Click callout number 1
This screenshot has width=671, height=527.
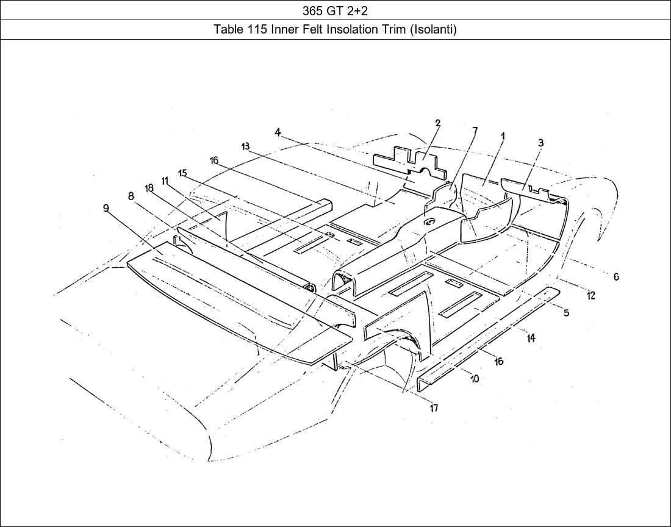(x=503, y=137)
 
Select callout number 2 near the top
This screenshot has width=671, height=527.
(x=438, y=123)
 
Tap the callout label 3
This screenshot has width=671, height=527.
(x=540, y=143)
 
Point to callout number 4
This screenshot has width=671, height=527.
(x=278, y=132)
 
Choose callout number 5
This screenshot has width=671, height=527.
(x=566, y=313)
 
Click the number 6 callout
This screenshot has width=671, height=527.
(x=616, y=277)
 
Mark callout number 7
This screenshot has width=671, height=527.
(x=475, y=131)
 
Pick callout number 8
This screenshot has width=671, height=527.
(x=131, y=196)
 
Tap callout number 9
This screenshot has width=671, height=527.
(x=106, y=209)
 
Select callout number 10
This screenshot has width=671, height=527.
(x=475, y=379)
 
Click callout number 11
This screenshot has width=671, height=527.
(x=165, y=181)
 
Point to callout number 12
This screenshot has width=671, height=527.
(x=590, y=295)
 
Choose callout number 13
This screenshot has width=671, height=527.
(x=245, y=146)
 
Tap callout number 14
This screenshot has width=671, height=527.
(x=531, y=338)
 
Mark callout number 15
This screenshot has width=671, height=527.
(x=182, y=173)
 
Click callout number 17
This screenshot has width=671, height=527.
(x=434, y=408)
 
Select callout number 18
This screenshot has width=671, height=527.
(x=149, y=188)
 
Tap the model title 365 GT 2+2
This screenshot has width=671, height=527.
(x=335, y=10)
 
